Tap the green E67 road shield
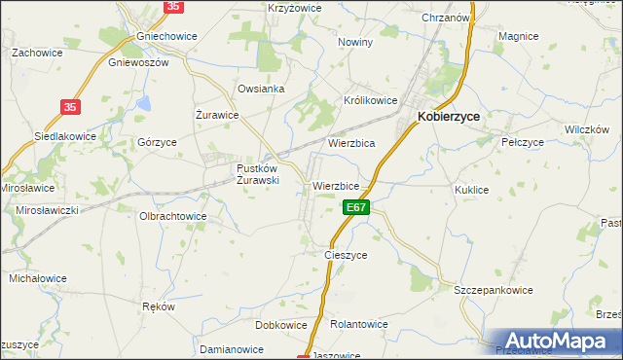(355, 207)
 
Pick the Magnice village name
(518, 36)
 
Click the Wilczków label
(587, 128)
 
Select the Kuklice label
(471, 191)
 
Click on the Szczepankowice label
(496, 290)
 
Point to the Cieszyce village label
(346, 255)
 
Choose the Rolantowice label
(359, 325)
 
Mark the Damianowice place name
(232, 347)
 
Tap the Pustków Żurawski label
(259, 173)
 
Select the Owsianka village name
(261, 89)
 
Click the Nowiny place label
(355, 43)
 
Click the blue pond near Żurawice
(144, 101)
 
